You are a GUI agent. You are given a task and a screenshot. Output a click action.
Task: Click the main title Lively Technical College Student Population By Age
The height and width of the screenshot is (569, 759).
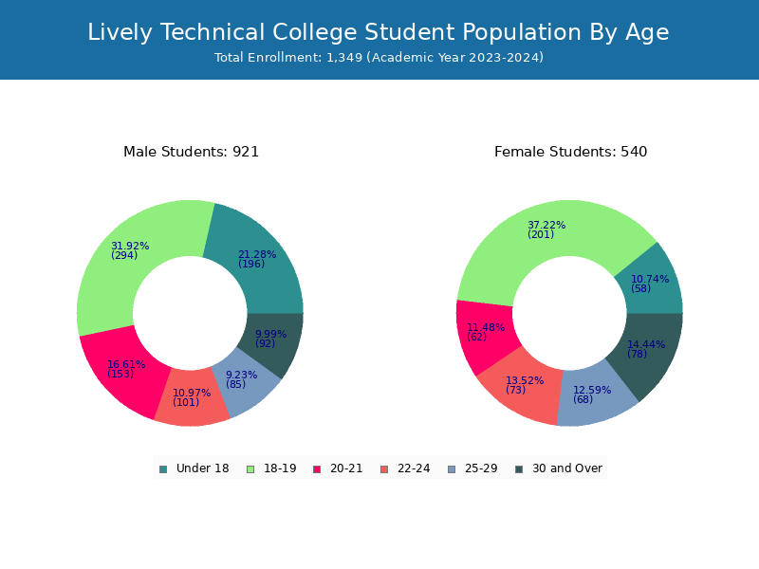coord(378,32)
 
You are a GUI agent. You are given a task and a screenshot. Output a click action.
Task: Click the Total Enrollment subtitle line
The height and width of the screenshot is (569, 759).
coord(379,58)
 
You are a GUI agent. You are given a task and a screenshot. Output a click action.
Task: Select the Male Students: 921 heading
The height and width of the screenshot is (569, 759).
coord(192,152)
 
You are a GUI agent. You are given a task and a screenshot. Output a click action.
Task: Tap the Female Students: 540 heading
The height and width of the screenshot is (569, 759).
coord(571,152)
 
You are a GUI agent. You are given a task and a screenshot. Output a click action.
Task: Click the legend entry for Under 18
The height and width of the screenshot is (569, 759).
coord(194,468)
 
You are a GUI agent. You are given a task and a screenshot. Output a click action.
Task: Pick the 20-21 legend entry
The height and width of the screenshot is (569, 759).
coord(338,468)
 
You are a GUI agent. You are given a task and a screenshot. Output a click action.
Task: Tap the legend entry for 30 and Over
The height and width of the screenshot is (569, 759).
coord(559,468)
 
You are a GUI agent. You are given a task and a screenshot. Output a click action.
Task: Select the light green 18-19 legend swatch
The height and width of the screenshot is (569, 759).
coord(250,469)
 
